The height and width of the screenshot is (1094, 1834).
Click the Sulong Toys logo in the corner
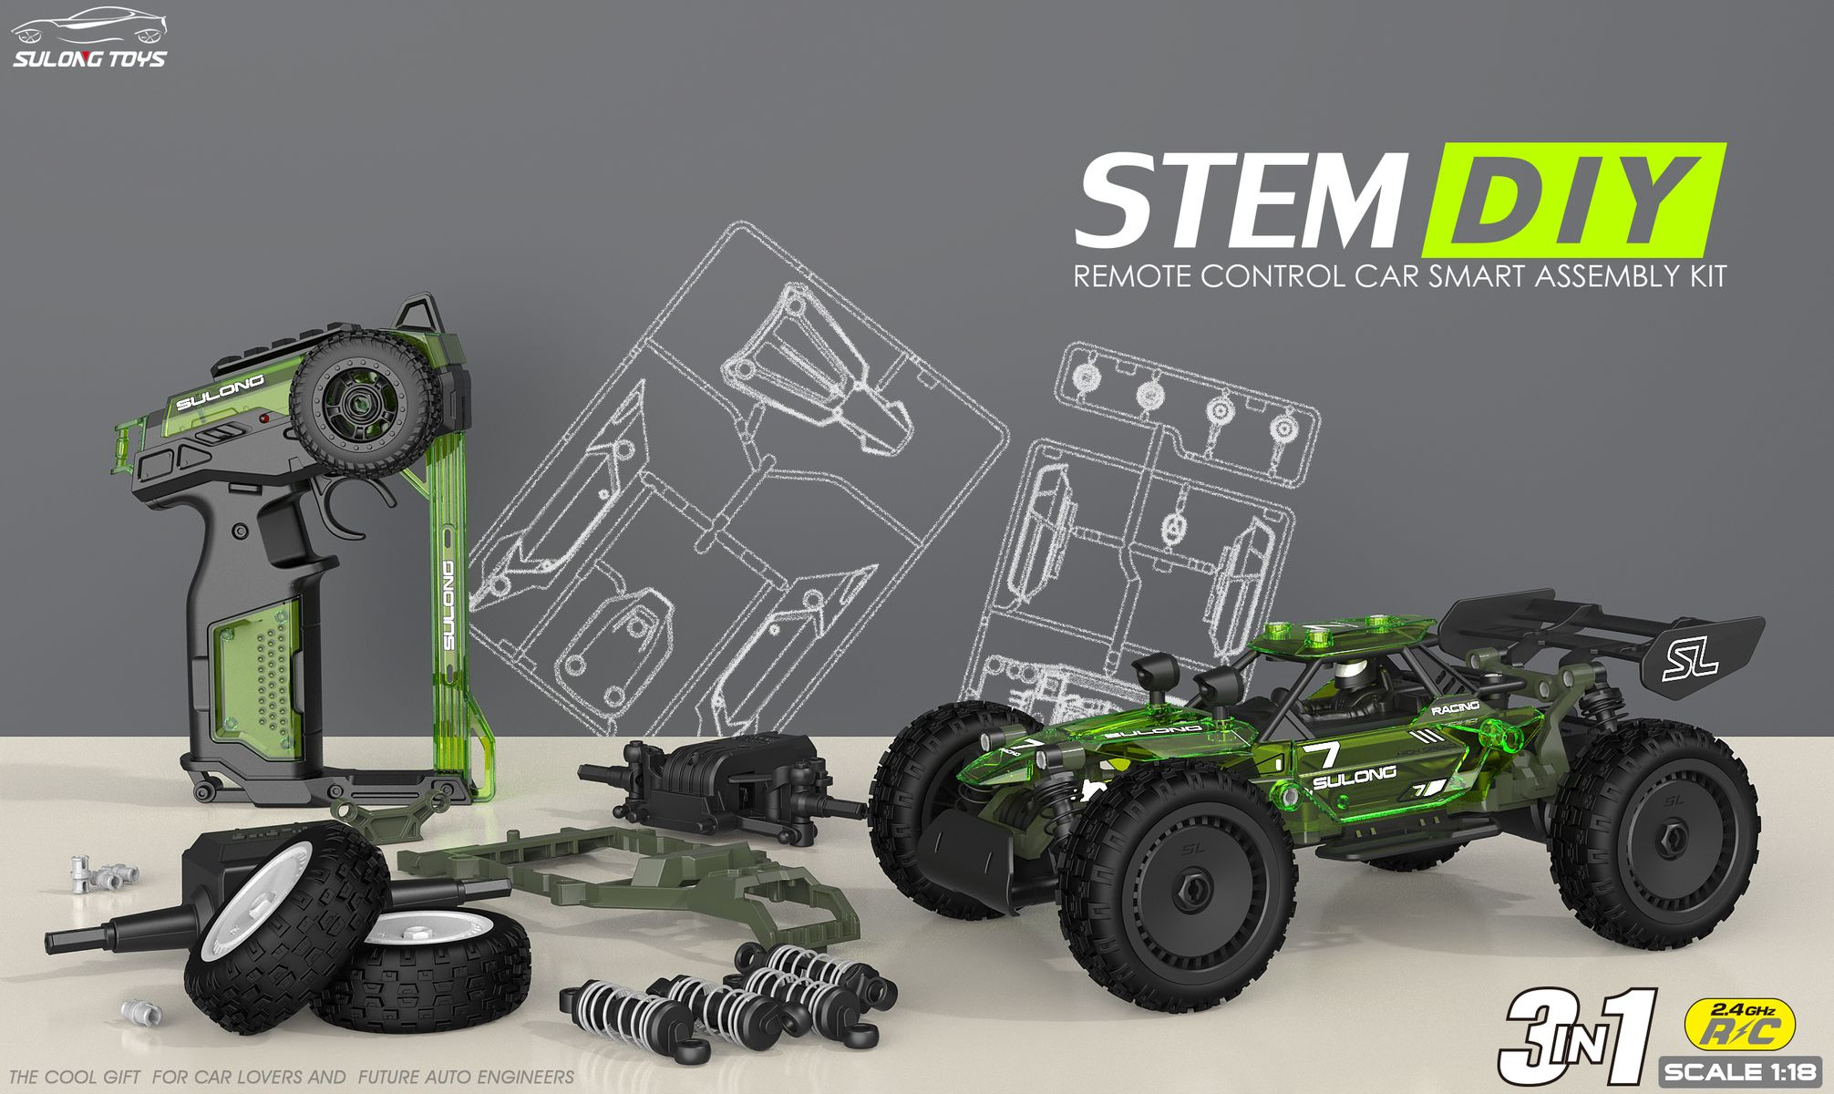88,38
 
